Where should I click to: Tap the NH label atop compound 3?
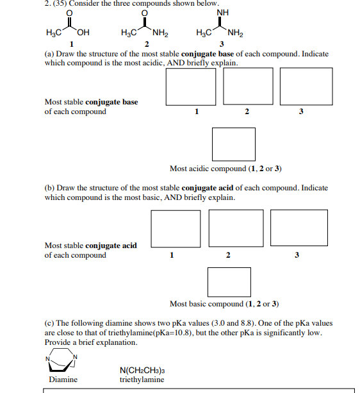(x=222, y=13)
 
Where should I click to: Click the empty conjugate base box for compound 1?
(x=191, y=87)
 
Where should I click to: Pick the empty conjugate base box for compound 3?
(x=306, y=87)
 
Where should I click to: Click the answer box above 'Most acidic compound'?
(x=234, y=144)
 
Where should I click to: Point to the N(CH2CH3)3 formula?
(x=142, y=370)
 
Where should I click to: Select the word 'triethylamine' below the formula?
(x=142, y=380)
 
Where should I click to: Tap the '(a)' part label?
(x=49, y=54)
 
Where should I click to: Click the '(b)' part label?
(x=49, y=188)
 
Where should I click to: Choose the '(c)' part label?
(x=49, y=323)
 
